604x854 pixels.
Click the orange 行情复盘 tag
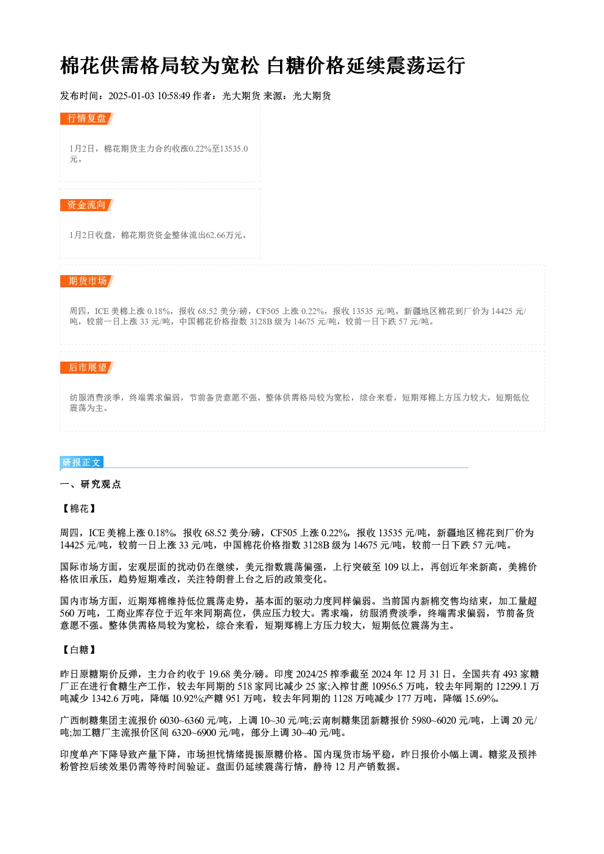(87, 119)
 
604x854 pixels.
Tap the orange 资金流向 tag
(87, 205)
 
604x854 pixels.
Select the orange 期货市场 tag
(87, 281)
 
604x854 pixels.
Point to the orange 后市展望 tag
(87, 368)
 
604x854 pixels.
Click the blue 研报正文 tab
(82, 463)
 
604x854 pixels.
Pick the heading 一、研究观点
(90, 484)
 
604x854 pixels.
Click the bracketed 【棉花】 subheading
(79, 509)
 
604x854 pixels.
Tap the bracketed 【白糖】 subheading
(79, 649)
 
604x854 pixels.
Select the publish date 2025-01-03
(131, 96)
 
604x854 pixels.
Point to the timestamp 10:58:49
(174, 96)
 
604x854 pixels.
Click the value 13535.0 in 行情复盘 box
(234, 149)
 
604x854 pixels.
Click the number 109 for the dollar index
(391, 567)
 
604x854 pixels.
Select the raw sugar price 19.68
(220, 674)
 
